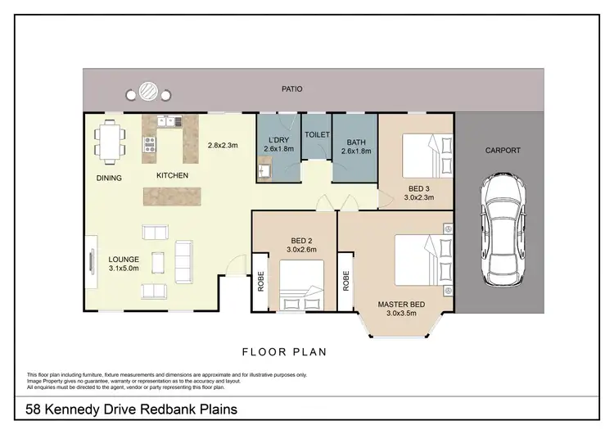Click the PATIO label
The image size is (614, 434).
coord(291,89)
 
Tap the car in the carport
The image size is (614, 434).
coord(503,229)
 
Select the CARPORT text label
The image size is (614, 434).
coord(503,151)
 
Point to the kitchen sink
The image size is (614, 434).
coord(170,121)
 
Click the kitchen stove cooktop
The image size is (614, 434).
coord(150,145)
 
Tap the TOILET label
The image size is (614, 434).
coord(317,135)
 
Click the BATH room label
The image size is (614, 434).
coord(356,142)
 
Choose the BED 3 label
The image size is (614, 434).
coord(419,189)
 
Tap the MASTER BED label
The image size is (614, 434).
coord(401,305)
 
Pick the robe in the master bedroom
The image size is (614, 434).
coord(345,282)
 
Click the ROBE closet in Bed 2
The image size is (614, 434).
coord(260,282)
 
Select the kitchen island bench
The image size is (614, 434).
coord(172,197)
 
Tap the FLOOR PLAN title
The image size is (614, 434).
coord(284,352)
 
